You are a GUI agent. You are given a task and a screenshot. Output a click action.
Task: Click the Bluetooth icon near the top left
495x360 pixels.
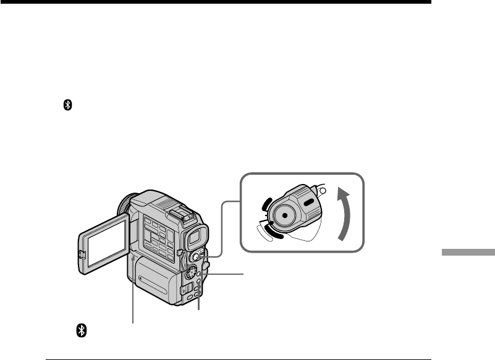click(x=69, y=107)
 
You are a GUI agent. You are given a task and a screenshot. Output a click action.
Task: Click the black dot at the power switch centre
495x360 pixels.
click(x=284, y=216)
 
